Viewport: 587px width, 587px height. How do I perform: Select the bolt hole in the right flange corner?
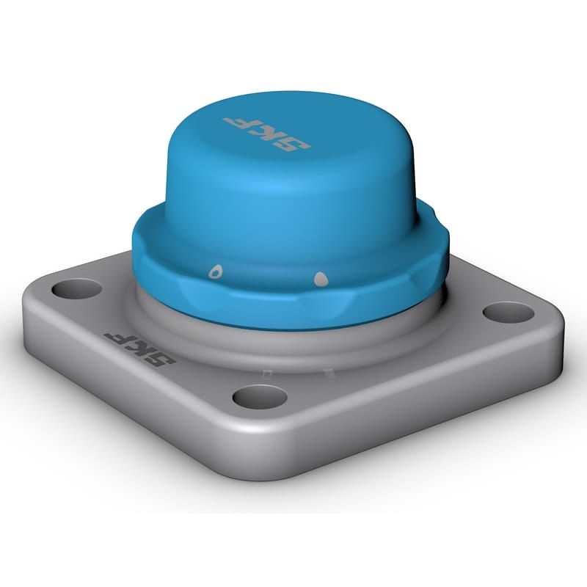(507, 311)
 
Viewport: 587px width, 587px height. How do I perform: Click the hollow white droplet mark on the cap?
(214, 271)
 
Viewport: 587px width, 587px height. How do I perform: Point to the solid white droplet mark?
(320, 279)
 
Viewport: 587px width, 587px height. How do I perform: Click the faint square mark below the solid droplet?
(326, 375)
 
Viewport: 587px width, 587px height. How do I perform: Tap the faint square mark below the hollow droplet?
(269, 373)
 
